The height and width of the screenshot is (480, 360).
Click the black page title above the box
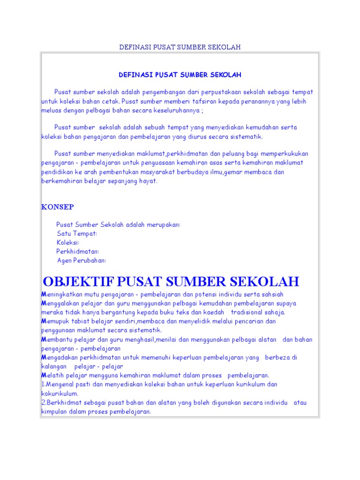click(x=180, y=47)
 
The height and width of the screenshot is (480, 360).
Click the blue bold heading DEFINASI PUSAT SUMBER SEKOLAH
click(x=180, y=75)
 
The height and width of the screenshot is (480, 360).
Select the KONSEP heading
click(x=57, y=207)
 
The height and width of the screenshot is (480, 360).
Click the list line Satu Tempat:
click(x=77, y=233)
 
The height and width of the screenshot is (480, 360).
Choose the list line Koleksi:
click(x=68, y=242)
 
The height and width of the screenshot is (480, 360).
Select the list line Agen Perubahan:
click(x=82, y=260)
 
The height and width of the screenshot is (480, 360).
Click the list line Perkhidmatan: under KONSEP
click(x=78, y=251)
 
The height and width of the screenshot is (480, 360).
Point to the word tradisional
click(x=250, y=312)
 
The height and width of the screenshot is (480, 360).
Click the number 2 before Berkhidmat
click(x=43, y=403)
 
